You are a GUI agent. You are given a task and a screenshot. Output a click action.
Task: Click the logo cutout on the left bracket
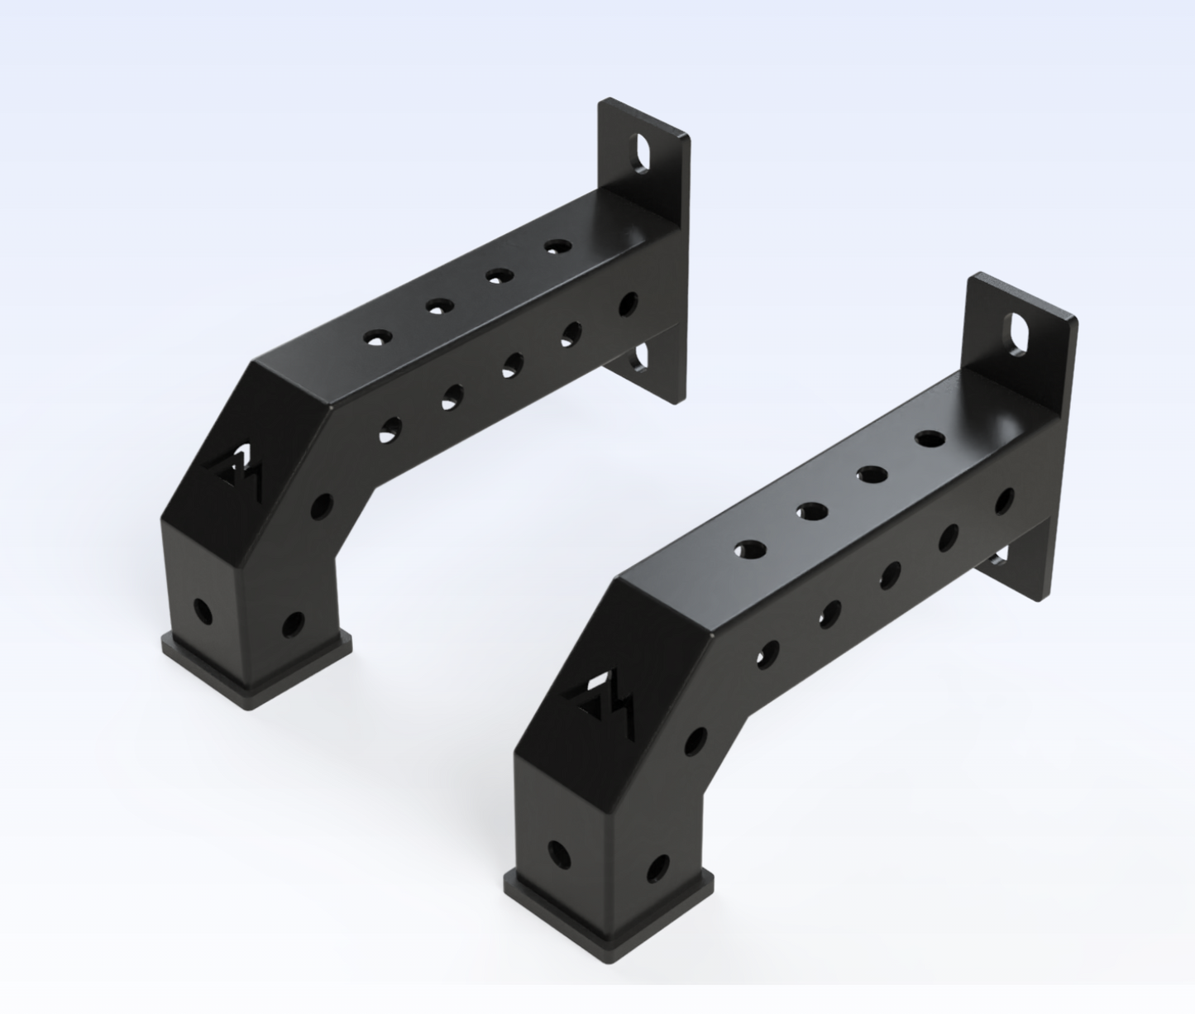tap(236, 471)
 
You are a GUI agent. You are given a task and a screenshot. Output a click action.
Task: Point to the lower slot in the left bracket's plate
tap(638, 358)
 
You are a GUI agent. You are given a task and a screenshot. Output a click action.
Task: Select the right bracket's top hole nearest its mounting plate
tap(930, 439)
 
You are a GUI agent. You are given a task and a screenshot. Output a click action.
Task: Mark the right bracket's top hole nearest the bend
tap(750, 549)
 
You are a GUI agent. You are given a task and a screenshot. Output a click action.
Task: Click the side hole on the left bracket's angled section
tap(321, 505)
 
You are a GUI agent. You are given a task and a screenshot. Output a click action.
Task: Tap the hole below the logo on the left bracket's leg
tap(201, 613)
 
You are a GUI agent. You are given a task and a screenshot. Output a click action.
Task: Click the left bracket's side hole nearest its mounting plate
tap(629, 304)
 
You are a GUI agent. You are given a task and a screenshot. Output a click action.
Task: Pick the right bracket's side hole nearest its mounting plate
tap(1004, 501)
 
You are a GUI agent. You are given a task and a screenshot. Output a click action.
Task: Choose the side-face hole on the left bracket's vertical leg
tap(292, 624)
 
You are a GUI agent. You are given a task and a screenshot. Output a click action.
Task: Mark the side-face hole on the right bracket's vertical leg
tap(657, 868)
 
